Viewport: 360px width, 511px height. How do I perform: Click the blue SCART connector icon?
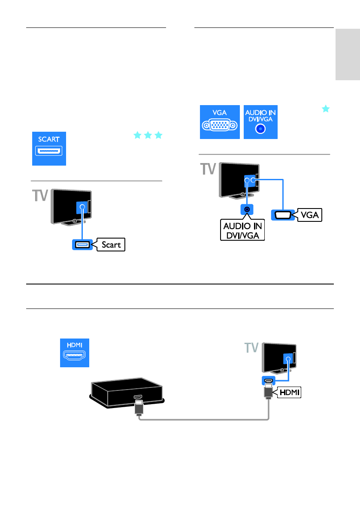pos(49,148)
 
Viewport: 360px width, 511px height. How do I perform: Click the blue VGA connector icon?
pos(220,121)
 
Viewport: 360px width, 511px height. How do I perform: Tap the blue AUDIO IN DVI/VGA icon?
pos(260,121)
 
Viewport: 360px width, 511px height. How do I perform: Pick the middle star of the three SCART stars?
pos(148,136)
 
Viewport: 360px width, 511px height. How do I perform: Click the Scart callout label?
pos(111,245)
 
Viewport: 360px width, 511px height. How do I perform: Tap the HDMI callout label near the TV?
pos(289,392)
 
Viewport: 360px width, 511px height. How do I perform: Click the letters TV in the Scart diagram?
pos(41,196)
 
